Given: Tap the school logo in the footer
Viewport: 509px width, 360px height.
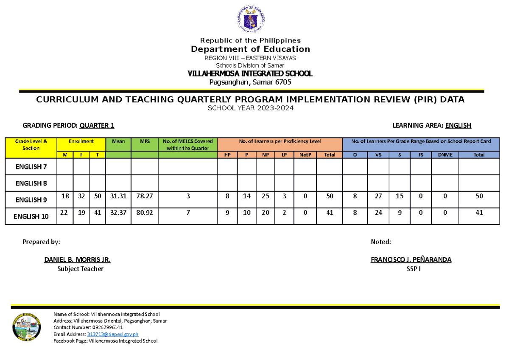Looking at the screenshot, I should (x=27, y=327).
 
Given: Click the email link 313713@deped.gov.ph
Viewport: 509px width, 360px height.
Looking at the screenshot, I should (x=112, y=334).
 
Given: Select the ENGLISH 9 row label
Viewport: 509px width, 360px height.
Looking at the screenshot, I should (x=31, y=200).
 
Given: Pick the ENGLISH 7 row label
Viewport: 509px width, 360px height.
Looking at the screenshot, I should (x=31, y=167).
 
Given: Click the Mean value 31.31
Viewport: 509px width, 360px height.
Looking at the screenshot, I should (x=118, y=197).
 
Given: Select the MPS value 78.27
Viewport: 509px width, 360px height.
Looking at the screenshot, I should (x=145, y=197).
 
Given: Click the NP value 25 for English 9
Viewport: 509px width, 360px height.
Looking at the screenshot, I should (x=266, y=197).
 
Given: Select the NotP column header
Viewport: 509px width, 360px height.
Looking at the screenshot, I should (x=305, y=155).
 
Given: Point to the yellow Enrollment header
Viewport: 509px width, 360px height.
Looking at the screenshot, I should (x=81, y=141).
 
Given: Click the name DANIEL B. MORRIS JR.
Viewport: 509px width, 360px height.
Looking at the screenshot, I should (x=77, y=260).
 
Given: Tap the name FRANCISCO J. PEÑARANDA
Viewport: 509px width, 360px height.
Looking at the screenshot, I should (x=411, y=260).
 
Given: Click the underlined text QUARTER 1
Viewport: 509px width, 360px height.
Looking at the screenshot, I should (x=100, y=125).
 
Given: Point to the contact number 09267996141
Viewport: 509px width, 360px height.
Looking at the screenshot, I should (x=106, y=327).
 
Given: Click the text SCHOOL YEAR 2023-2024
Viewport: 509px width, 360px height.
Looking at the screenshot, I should (x=250, y=108).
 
